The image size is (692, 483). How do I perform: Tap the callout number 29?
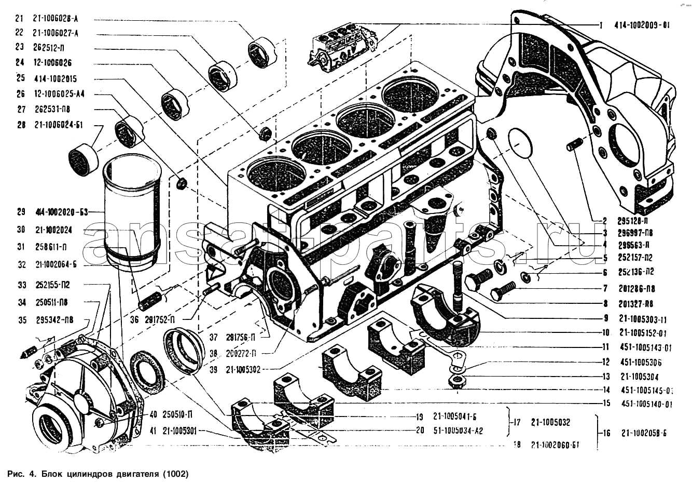tap(21, 212)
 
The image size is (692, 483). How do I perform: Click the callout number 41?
tap(154, 431)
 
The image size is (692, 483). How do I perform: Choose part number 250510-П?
tap(179, 415)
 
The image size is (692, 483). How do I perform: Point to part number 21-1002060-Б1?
tap(555, 445)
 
